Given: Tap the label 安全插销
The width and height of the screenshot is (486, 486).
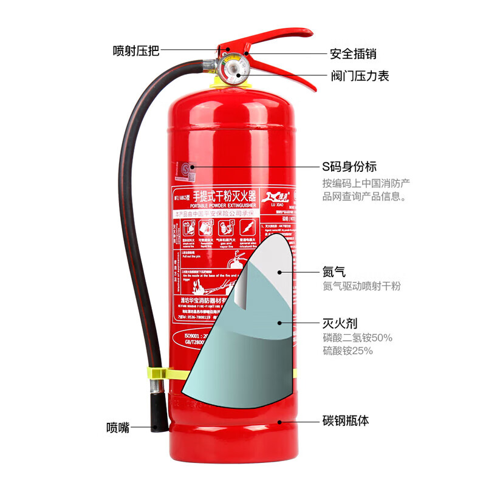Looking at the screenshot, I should coord(353,53).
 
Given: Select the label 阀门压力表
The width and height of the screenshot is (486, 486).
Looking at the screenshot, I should coord(360,76).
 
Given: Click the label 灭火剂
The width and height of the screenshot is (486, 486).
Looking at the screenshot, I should coord(338,323).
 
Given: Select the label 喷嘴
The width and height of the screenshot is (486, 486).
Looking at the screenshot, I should coord(117,427).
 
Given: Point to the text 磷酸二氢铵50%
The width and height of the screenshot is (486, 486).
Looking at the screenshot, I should coord(357,338).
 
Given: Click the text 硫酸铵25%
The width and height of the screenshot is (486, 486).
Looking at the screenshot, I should coord(348,351).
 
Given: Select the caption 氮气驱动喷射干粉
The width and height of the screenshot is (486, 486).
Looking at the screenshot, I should coord(361,286).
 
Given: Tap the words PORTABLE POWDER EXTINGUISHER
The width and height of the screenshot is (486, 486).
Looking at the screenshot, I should coord(213,205).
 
